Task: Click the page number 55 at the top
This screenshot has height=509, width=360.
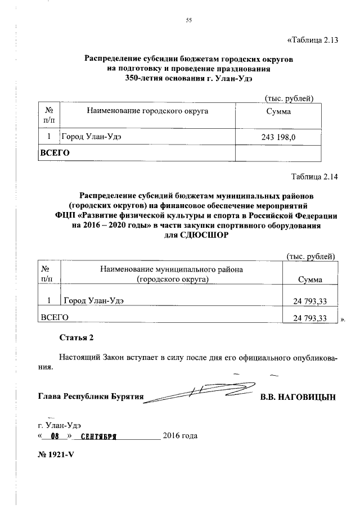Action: pos(189,21)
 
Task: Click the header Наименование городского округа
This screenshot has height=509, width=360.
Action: pos(147,111)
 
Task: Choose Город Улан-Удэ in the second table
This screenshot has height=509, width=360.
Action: pos(93,301)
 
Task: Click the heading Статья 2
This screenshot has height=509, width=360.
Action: pos(76,337)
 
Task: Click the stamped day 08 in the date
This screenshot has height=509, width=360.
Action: pos(55,436)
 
